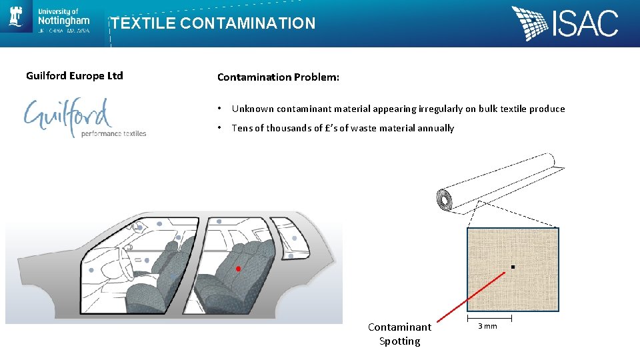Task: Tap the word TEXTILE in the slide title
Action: (x=143, y=23)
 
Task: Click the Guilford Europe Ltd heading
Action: (x=75, y=75)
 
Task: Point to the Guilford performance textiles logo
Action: (x=85, y=119)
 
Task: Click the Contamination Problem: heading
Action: (x=278, y=77)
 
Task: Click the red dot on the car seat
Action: (x=238, y=269)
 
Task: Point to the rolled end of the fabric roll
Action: (x=444, y=200)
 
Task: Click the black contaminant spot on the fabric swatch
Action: (x=512, y=267)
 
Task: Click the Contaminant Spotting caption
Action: (x=399, y=334)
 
